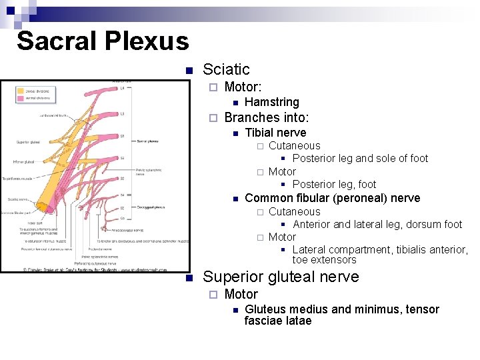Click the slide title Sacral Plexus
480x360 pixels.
[x=103, y=41]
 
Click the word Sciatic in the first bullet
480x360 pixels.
[x=226, y=69]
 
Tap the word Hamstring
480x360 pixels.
[x=271, y=102]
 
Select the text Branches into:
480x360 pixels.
[x=266, y=118]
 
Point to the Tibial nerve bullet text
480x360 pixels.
[x=275, y=133]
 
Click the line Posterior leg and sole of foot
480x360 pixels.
[x=360, y=159]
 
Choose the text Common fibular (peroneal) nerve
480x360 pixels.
[x=332, y=198]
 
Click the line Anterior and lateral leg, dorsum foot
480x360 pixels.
[x=377, y=225]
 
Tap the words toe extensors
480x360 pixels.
[x=324, y=260]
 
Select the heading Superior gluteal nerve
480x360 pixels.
[x=281, y=277]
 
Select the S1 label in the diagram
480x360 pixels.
[x=121, y=136]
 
